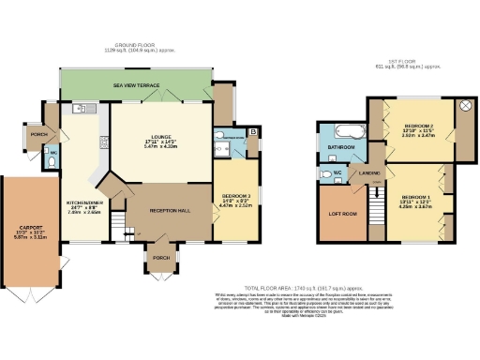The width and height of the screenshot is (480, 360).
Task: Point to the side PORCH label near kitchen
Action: tap(39, 134)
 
